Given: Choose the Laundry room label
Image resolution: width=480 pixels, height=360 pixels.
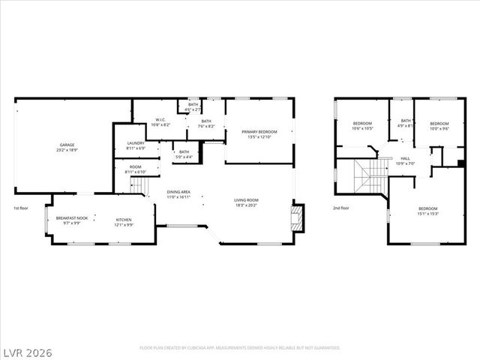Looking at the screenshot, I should (136, 145).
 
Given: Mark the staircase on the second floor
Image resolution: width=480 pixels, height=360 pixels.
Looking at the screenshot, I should (366, 177).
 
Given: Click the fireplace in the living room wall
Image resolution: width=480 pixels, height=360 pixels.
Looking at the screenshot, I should (297, 219).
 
